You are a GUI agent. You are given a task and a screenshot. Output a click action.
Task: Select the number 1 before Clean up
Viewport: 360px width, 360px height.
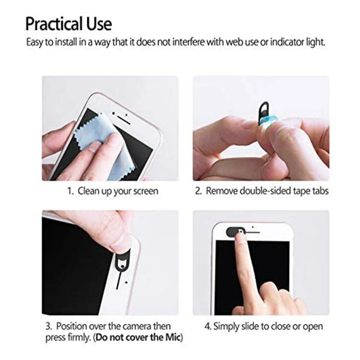coord(70,191)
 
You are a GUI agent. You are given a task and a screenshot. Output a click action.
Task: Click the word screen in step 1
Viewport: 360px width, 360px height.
coord(145,191)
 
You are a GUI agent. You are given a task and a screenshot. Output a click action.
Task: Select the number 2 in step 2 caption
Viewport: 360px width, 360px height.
coord(198,191)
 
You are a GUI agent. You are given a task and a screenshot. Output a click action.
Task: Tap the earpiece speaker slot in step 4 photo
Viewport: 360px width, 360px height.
coord(252,233)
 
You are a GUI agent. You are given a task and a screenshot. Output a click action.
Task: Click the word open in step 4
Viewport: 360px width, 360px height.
coord(313,326)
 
